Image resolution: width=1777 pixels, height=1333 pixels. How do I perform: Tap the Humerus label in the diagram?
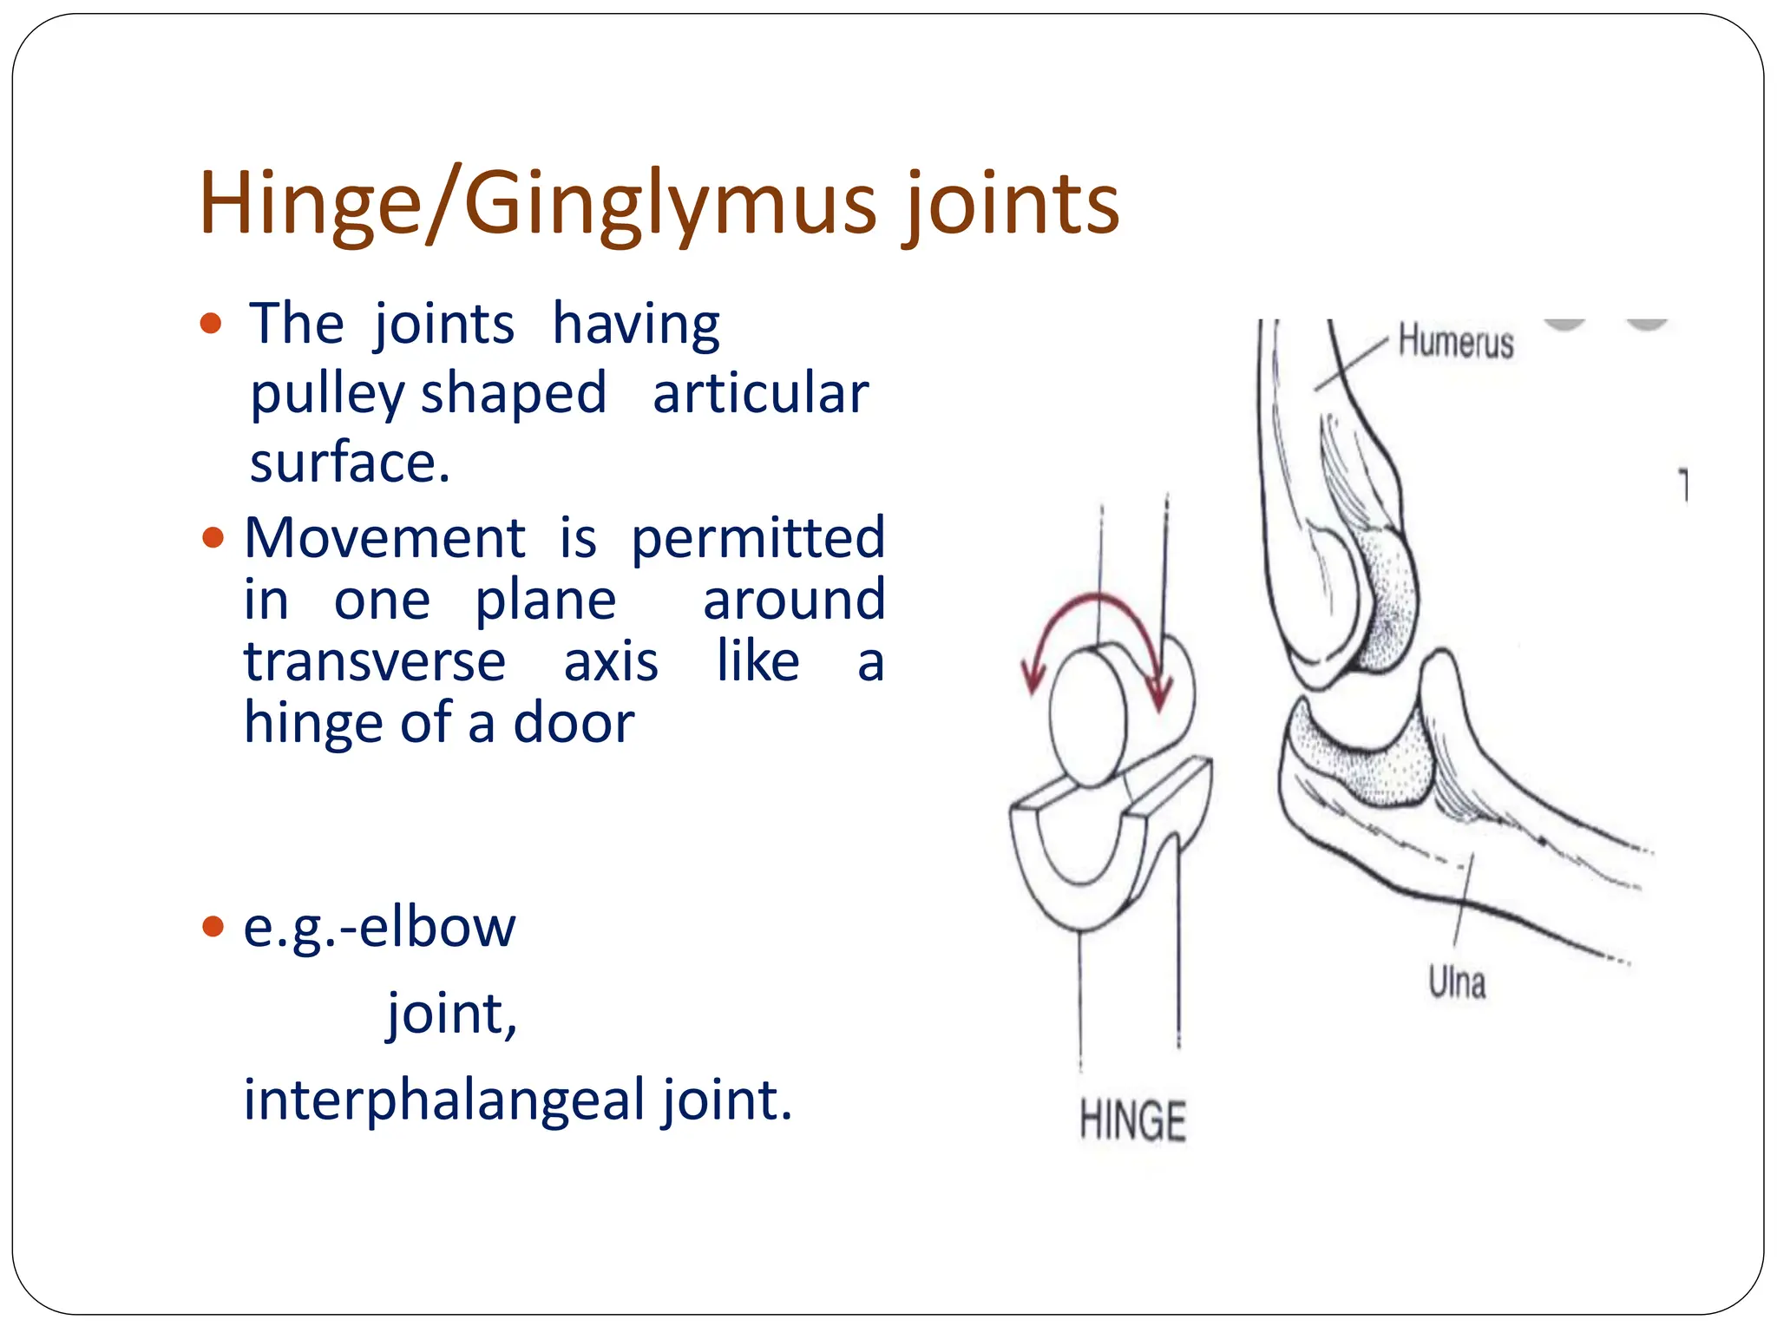[1456, 342]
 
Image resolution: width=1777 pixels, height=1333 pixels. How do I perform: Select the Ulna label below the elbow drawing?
[1457, 983]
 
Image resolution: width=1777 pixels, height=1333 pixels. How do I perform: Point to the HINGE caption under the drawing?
[1132, 1120]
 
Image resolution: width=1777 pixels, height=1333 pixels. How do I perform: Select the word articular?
[760, 393]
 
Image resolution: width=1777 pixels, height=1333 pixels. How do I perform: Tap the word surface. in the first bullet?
[350, 462]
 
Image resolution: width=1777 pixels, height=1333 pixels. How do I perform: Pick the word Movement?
[384, 538]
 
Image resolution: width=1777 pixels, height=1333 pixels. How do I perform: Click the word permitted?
[757, 540]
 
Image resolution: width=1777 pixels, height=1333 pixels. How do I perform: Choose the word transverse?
[374, 662]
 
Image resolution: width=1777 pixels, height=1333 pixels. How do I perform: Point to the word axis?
[611, 662]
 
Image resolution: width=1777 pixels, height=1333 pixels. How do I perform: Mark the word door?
[574, 723]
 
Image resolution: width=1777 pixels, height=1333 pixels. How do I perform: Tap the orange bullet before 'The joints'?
[211, 325]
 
